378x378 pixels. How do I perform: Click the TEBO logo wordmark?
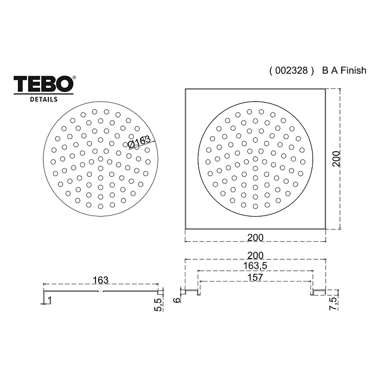(x=43, y=84)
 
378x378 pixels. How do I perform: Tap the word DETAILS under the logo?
(x=43, y=99)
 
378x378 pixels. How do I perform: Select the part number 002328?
(x=292, y=70)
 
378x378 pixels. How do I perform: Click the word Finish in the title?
(x=353, y=70)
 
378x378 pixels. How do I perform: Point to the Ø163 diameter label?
(x=139, y=142)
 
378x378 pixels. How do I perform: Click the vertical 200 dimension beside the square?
(x=336, y=158)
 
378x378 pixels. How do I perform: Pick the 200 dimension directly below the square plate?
(x=255, y=238)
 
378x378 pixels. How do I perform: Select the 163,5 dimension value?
(x=255, y=266)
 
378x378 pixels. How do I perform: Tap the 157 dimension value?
(x=255, y=277)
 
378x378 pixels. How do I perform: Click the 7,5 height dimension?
(x=333, y=303)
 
